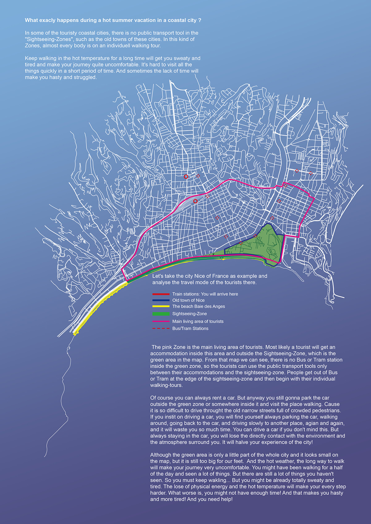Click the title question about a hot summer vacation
(x=113, y=20)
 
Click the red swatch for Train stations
(x=161, y=294)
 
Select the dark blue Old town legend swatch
(x=161, y=300)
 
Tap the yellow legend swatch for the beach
(x=161, y=306)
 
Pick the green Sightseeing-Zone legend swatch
(x=161, y=314)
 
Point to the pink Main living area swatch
(x=161, y=321)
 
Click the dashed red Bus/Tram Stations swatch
(x=161, y=329)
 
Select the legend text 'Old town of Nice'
(x=188, y=300)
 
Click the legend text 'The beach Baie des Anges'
(x=198, y=306)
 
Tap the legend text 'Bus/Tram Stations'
(x=190, y=329)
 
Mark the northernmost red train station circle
(x=186, y=177)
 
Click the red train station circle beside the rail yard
(x=195, y=201)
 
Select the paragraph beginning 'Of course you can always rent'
(x=247, y=420)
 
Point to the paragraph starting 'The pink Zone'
(x=246, y=366)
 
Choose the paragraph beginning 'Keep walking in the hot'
(x=113, y=68)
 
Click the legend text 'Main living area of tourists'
(x=198, y=321)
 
